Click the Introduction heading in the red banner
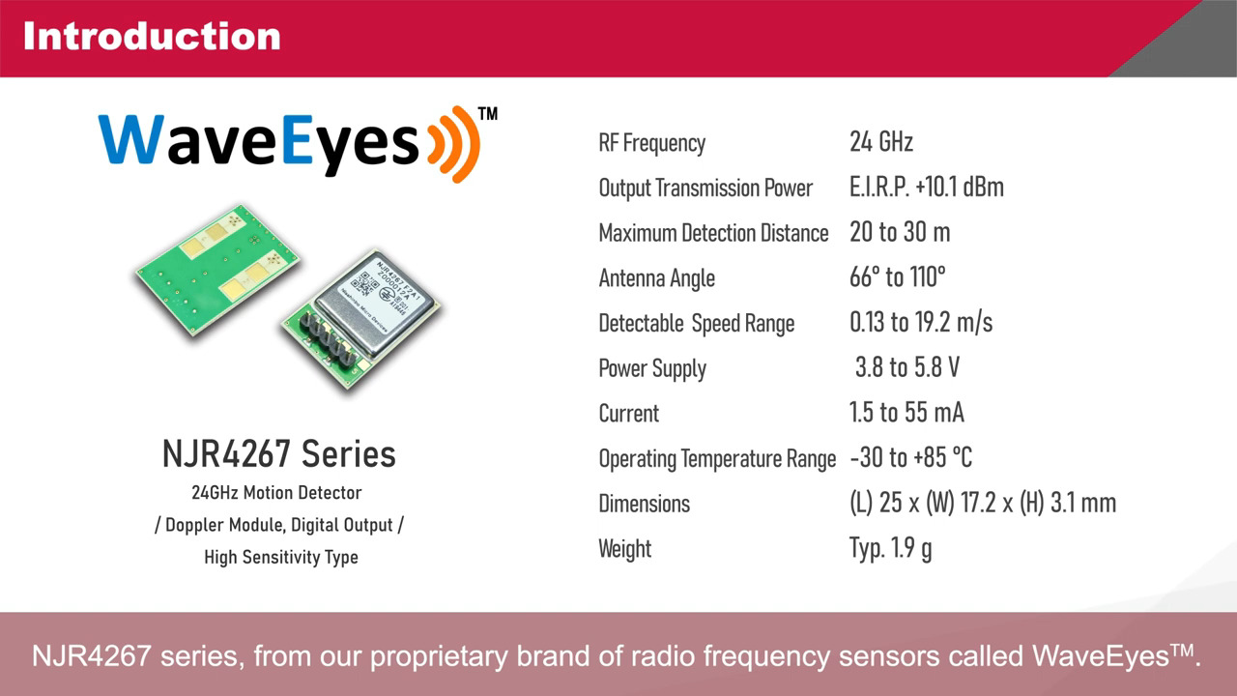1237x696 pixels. (x=152, y=37)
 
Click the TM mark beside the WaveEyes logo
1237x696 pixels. (x=488, y=114)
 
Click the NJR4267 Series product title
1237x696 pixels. (x=279, y=453)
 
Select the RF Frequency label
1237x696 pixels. (x=652, y=143)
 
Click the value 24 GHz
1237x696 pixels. (x=881, y=142)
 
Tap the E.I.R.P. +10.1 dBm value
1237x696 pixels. (x=926, y=188)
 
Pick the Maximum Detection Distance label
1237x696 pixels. (x=713, y=233)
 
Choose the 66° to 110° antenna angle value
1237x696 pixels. (x=897, y=277)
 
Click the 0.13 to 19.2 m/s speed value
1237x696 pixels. (x=921, y=322)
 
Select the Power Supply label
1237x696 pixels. (x=652, y=368)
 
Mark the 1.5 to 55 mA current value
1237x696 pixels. (x=906, y=413)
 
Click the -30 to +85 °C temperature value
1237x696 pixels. (x=910, y=457)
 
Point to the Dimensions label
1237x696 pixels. (x=644, y=504)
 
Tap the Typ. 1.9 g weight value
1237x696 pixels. (x=890, y=548)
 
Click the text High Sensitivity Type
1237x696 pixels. (x=280, y=557)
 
